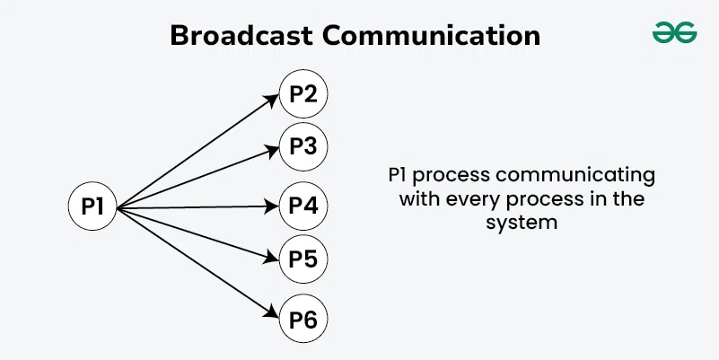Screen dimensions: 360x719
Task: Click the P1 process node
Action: click(x=94, y=207)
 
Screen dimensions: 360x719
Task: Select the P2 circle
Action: click(x=303, y=94)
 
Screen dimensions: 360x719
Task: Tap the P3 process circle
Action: click(x=303, y=145)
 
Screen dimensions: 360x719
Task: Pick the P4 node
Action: click(x=303, y=206)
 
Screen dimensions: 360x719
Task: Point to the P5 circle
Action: click(x=303, y=259)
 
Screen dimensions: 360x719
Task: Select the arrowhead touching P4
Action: click(x=273, y=206)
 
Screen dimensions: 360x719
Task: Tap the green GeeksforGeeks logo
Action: click(x=674, y=33)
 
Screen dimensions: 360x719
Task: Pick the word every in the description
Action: click(x=469, y=198)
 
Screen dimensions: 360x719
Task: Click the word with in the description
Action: click(x=418, y=198)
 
